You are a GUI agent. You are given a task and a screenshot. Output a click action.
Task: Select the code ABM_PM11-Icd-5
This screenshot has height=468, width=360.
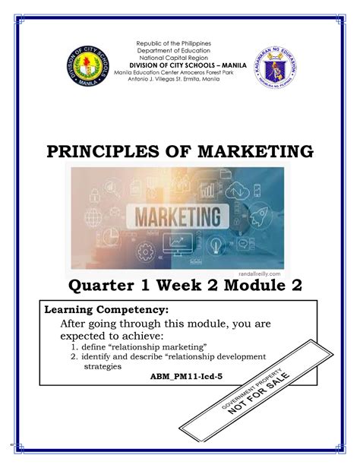tap(180, 375)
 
